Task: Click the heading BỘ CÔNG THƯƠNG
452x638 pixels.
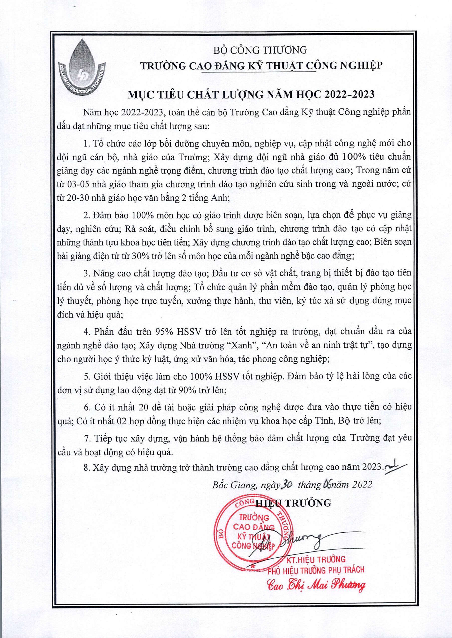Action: tap(260, 50)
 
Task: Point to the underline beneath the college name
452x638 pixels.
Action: tap(259, 72)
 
